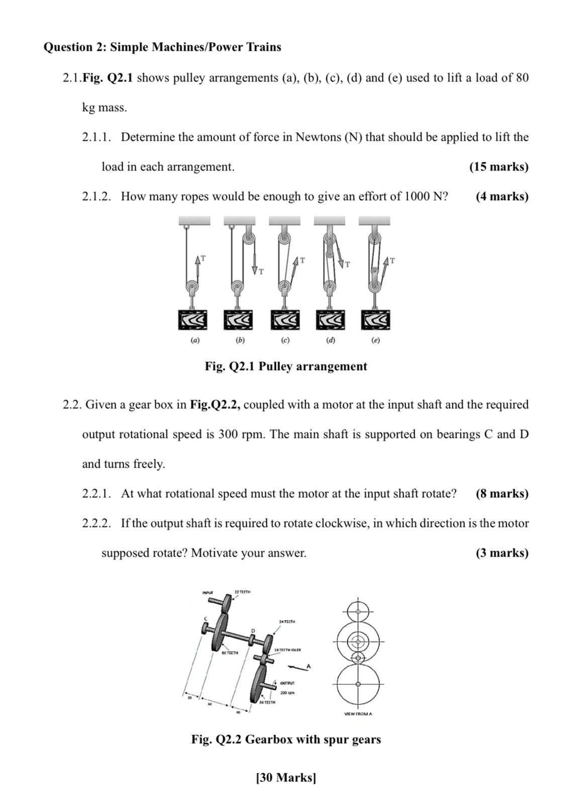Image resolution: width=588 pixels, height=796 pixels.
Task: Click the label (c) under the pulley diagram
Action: pyautogui.click(x=285, y=340)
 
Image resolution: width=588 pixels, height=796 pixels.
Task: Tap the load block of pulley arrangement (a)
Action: pyautogui.click(x=194, y=320)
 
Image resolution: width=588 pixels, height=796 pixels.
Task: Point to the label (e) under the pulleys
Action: pyautogui.click(x=375, y=340)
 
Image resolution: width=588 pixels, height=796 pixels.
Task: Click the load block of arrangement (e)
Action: pyautogui.click(x=375, y=320)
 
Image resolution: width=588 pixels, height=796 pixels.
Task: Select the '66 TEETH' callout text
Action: pyautogui.click(x=230, y=653)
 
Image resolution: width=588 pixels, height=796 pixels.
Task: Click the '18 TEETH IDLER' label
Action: pyautogui.click(x=287, y=650)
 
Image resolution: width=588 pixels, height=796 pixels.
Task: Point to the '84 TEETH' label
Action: pyautogui.click(x=267, y=702)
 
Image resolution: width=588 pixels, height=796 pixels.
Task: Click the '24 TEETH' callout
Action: pyautogui.click(x=286, y=622)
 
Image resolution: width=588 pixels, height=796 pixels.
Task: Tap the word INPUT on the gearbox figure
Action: pyautogui.click(x=208, y=592)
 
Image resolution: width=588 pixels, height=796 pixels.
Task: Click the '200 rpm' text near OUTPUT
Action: pyautogui.click(x=287, y=693)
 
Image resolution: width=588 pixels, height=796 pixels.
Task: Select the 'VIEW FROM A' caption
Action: pyautogui.click(x=358, y=714)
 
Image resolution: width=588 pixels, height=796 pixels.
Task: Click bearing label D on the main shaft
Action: pyautogui.click(x=253, y=631)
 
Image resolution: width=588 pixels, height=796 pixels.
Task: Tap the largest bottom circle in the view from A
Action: pyautogui.click(x=358, y=684)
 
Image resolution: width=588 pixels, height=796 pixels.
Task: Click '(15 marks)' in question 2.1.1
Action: pyautogui.click(x=499, y=167)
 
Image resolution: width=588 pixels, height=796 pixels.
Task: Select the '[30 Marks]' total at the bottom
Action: pyautogui.click(x=286, y=777)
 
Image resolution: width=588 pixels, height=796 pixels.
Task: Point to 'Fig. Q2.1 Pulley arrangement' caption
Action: pyautogui.click(x=285, y=366)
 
